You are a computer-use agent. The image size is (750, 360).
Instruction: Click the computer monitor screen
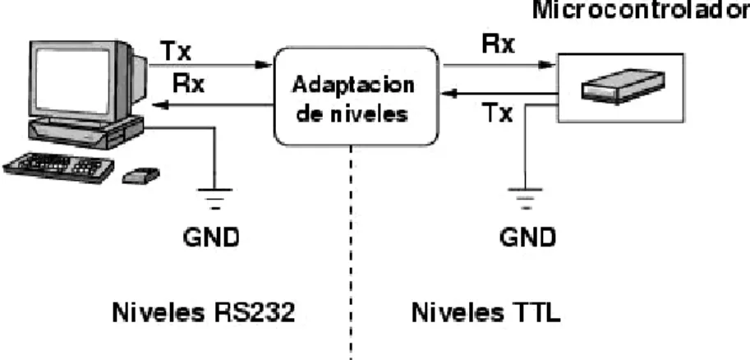tap(72, 80)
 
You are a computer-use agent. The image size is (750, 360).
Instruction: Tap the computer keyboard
tap(58, 168)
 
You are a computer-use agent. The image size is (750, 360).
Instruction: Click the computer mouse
tap(140, 175)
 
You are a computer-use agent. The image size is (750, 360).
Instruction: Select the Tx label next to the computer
tap(177, 51)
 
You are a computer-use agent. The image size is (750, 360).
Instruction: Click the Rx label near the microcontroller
tap(498, 44)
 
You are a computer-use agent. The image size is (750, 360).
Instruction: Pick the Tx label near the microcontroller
tap(498, 113)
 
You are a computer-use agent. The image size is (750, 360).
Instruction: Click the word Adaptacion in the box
tap(353, 85)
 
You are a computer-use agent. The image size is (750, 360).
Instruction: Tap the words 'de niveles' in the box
tap(352, 114)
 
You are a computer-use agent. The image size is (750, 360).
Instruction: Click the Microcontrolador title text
tap(641, 11)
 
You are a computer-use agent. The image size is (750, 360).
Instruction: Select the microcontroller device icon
tap(623, 86)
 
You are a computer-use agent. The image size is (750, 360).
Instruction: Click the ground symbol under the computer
tap(215, 199)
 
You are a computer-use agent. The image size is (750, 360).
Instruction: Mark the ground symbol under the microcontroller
tap(526, 199)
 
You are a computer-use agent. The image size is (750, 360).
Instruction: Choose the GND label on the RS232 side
tap(211, 237)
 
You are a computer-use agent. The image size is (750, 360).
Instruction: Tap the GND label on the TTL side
tap(528, 237)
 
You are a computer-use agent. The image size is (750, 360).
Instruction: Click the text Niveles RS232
tap(203, 313)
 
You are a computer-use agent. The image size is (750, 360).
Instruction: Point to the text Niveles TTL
tap(486, 313)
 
